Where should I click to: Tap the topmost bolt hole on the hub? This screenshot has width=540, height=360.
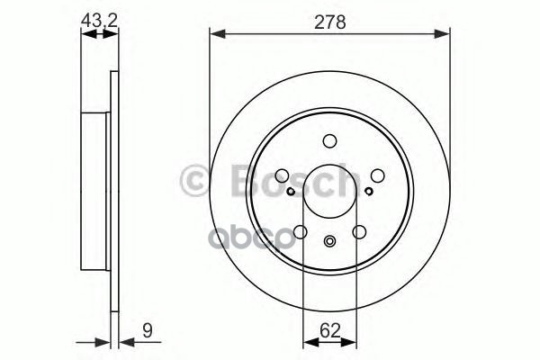(x=329, y=140)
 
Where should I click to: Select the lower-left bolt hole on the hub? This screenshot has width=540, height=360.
(x=300, y=232)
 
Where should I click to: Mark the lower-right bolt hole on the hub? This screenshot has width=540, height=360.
(x=360, y=232)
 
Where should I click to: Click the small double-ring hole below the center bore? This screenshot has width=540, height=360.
(x=329, y=240)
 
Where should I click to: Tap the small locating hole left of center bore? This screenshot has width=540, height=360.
(x=290, y=191)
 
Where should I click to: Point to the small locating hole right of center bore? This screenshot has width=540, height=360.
(x=369, y=191)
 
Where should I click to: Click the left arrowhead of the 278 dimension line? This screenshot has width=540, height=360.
(x=215, y=35)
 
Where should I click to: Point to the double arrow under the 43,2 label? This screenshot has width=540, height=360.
(x=99, y=35)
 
